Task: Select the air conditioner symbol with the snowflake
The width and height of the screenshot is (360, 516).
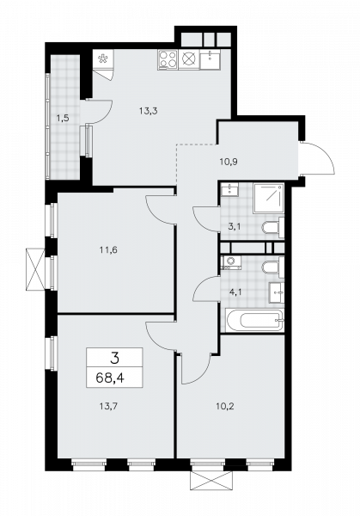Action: (x=103, y=60)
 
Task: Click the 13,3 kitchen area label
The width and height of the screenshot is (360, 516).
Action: (x=148, y=109)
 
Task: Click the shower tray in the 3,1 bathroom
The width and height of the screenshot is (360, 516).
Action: (x=270, y=197)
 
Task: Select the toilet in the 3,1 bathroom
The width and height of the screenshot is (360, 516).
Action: (x=273, y=228)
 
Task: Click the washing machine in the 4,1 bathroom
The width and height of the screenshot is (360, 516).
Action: (x=230, y=262)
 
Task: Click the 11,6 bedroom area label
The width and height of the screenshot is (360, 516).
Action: (x=107, y=250)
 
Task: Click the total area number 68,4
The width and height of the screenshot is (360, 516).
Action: (x=107, y=376)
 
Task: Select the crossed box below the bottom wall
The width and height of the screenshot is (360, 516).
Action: (x=211, y=480)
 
